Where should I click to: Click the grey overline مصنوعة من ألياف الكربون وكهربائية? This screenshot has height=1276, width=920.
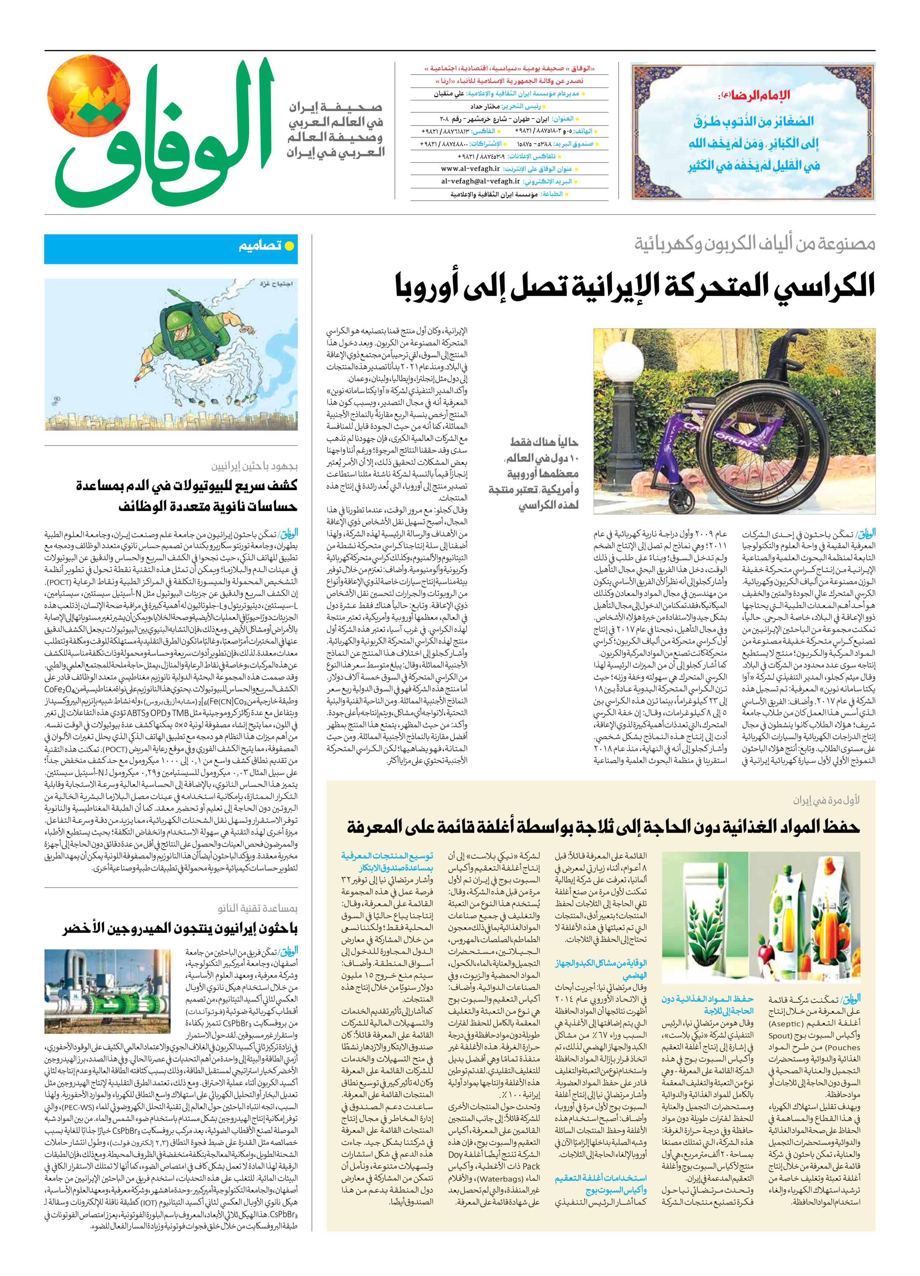pyautogui.click(x=754, y=244)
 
